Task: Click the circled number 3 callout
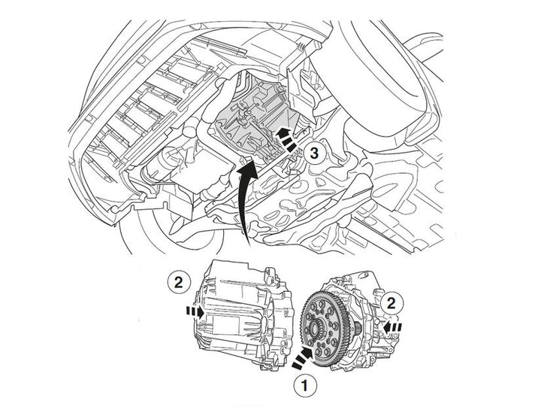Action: pyautogui.click(x=314, y=153)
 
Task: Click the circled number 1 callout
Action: pyautogui.click(x=305, y=385)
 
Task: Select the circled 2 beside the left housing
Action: pyautogui.click(x=178, y=283)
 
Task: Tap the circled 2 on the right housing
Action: pyautogui.click(x=391, y=304)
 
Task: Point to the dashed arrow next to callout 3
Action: pyautogui.click(x=285, y=138)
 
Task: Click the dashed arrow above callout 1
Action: pyautogui.click(x=304, y=358)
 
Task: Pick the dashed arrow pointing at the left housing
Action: pyautogui.click(x=195, y=312)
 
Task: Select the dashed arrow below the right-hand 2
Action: pyautogui.click(x=393, y=326)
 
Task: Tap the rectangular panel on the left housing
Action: pyautogui.click(x=219, y=325)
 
